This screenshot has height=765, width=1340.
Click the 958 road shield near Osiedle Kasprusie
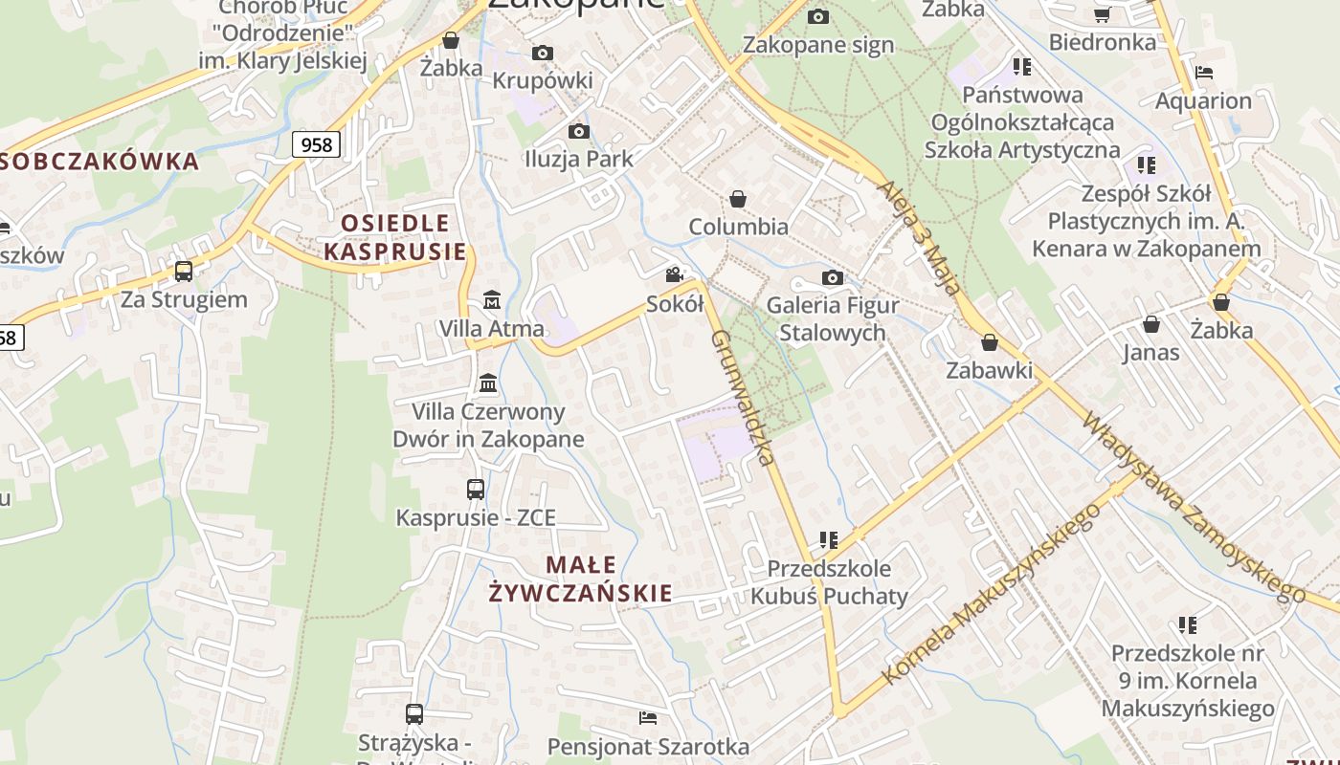click(316, 144)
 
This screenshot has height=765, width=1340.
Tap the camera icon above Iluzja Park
click(579, 131)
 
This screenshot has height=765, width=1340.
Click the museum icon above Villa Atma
click(492, 300)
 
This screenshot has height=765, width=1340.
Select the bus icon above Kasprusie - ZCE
click(476, 490)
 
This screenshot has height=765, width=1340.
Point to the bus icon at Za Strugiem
click(184, 272)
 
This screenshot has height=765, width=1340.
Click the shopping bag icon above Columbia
click(738, 199)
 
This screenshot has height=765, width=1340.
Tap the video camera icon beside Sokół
click(675, 275)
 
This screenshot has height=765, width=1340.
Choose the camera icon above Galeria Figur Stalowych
click(833, 277)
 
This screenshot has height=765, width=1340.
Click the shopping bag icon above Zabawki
click(990, 342)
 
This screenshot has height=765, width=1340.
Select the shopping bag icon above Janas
click(1151, 325)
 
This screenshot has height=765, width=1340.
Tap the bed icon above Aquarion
click(1204, 73)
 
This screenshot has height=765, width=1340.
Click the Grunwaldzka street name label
click(743, 397)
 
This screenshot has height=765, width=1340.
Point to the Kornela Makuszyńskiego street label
click(990, 595)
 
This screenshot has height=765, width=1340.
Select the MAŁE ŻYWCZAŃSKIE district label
click(580, 579)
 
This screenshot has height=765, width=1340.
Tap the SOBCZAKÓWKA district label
click(100, 161)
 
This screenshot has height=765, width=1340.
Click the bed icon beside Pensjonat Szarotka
click(648, 717)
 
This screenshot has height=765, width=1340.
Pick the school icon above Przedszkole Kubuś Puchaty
click(829, 540)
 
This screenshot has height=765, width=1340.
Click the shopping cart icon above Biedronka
click(1102, 14)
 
